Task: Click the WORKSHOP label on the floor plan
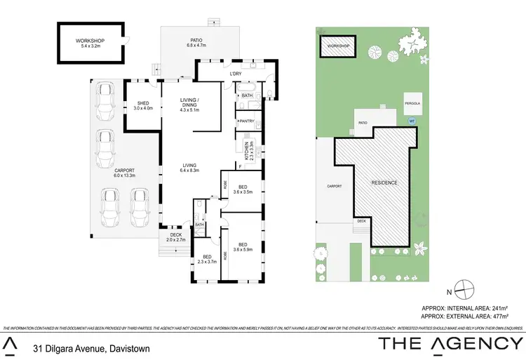click(90, 43)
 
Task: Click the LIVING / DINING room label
click(190, 105)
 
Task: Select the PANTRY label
click(245, 121)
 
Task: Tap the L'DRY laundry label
click(236, 73)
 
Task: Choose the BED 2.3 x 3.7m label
click(208, 259)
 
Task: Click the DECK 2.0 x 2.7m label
click(176, 237)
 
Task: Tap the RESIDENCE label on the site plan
click(384, 182)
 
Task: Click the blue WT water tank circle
click(411, 120)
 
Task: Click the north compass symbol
click(464, 287)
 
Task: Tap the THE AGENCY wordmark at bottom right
click(451, 344)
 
